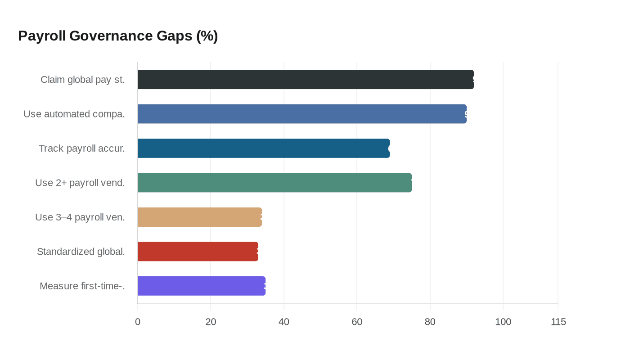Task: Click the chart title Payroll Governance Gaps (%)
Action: click(x=118, y=36)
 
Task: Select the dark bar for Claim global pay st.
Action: click(x=306, y=80)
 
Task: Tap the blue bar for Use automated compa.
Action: click(x=302, y=114)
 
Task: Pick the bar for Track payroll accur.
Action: click(x=264, y=148)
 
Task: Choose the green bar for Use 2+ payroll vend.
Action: click(x=274, y=183)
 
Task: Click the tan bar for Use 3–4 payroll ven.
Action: click(x=200, y=217)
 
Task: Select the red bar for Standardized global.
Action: click(x=198, y=252)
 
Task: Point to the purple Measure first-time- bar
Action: click(x=202, y=286)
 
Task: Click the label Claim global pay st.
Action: click(x=83, y=80)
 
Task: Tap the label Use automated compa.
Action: click(x=74, y=114)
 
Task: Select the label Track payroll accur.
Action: click(x=82, y=148)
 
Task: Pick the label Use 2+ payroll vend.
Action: click(x=80, y=183)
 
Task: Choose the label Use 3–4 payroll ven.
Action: click(x=80, y=217)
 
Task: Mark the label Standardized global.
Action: click(x=81, y=252)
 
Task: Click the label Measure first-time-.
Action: click(x=82, y=286)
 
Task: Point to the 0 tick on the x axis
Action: click(x=138, y=322)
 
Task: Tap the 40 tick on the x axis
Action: click(x=284, y=322)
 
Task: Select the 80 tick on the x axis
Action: click(x=430, y=322)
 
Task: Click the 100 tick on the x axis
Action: click(x=503, y=322)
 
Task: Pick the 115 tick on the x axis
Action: click(x=558, y=322)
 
